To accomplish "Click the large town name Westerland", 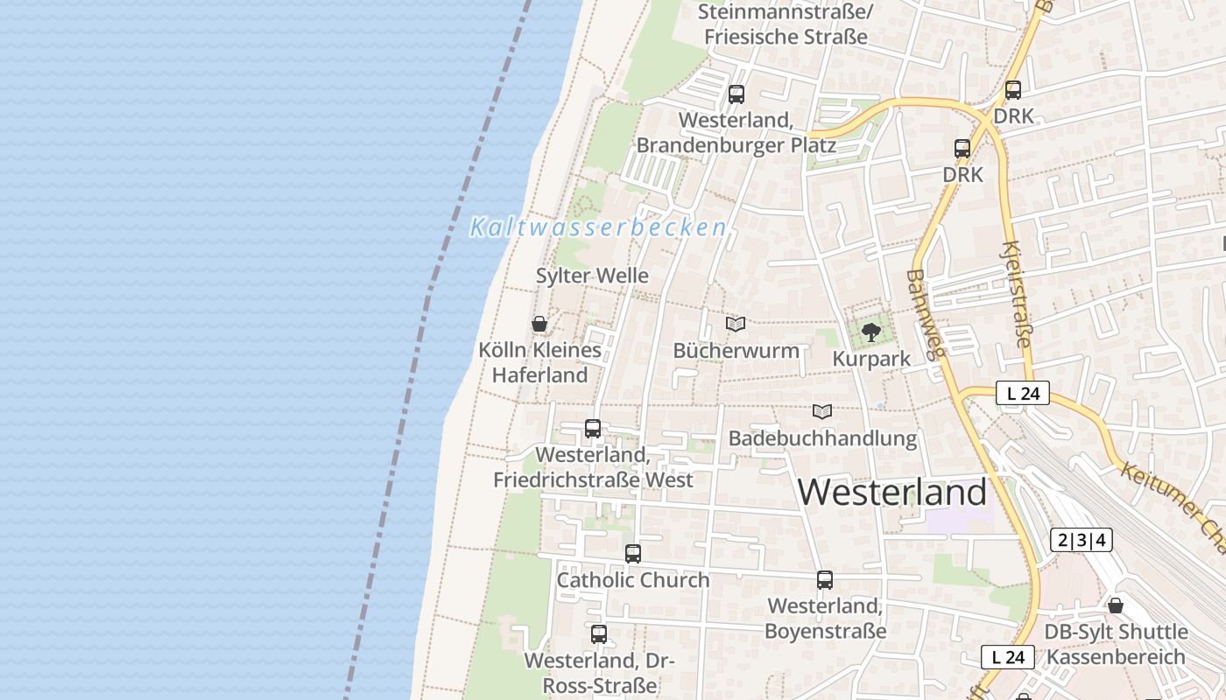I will pyautogui.click(x=891, y=493).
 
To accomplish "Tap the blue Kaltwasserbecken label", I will pyautogui.click(x=598, y=227).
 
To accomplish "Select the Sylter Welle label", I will pyautogui.click(x=592, y=276).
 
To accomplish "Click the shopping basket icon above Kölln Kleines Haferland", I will pyautogui.click(x=539, y=324).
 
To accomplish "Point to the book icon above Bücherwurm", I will pyautogui.click(x=736, y=324).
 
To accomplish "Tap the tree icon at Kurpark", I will pyautogui.click(x=870, y=332).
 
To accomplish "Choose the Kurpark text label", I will pyautogui.click(x=870, y=359).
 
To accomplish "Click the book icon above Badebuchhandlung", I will pyautogui.click(x=822, y=411).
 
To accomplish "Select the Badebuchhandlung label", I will pyautogui.click(x=822, y=437).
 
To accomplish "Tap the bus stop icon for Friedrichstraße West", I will pyautogui.click(x=593, y=429).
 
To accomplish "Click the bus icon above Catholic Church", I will pyautogui.click(x=633, y=553).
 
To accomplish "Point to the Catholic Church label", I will pyautogui.click(x=633, y=580).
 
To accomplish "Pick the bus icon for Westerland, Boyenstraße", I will pyautogui.click(x=825, y=579).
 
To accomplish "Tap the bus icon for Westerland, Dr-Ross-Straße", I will pyautogui.click(x=599, y=634).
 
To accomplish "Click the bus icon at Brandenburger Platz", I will pyautogui.click(x=736, y=94).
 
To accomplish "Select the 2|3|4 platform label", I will pyautogui.click(x=1082, y=540).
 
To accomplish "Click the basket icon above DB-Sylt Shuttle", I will pyautogui.click(x=1116, y=605).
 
